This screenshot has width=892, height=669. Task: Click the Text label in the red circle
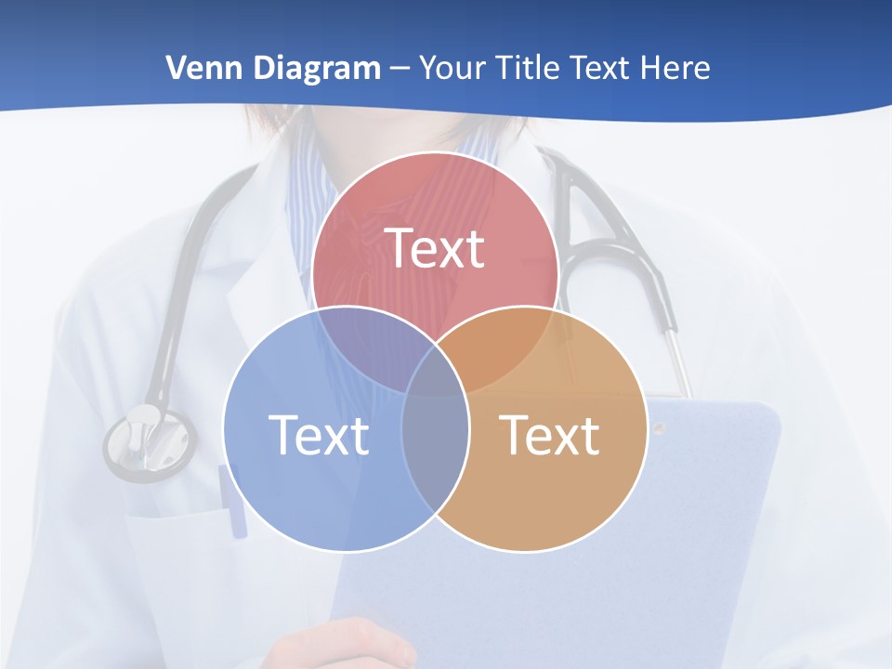point(435,248)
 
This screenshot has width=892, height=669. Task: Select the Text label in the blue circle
point(319,435)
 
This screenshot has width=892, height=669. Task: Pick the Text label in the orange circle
point(550,435)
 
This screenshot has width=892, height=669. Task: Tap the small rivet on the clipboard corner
point(659,427)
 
